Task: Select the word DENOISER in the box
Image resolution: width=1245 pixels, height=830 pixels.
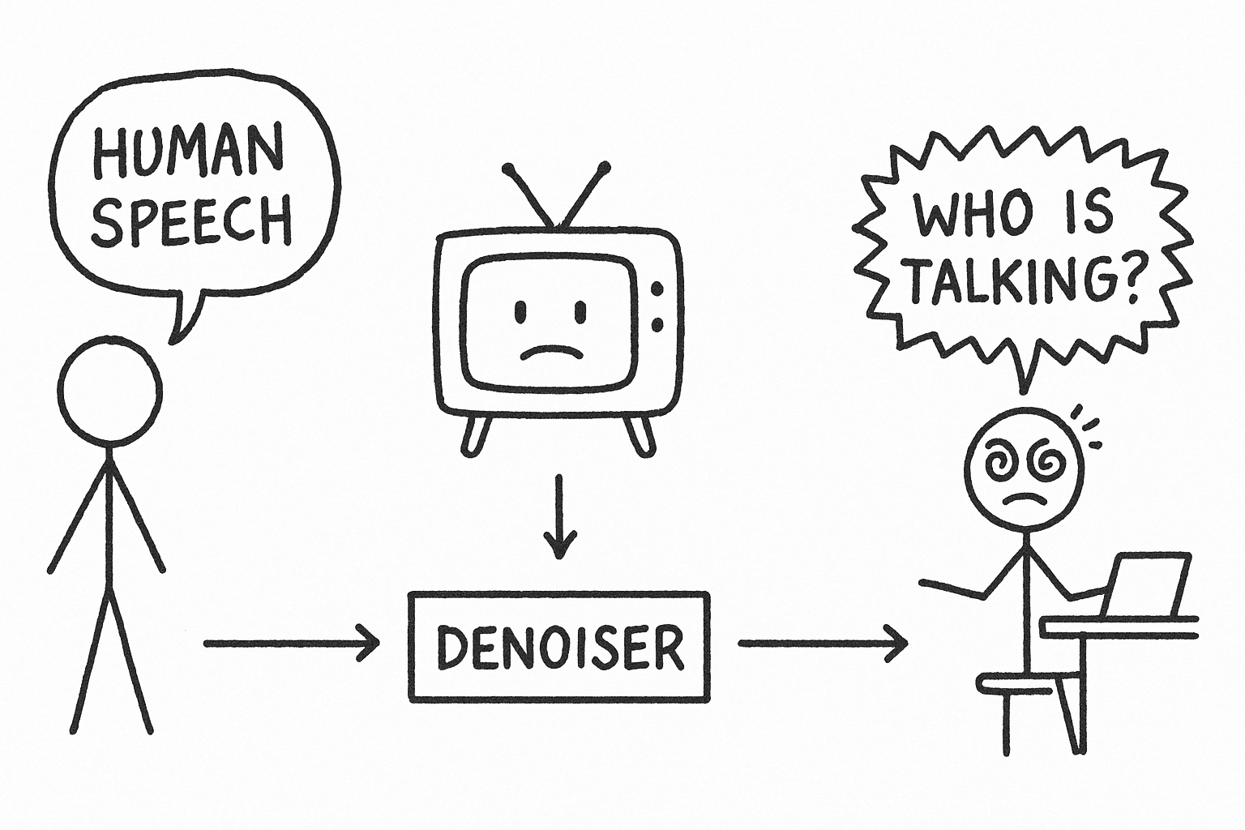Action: [x=558, y=646]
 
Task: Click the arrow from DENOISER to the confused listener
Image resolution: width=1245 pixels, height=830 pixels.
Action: [x=822, y=644]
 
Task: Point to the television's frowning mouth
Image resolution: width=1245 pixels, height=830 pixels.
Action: [x=552, y=352]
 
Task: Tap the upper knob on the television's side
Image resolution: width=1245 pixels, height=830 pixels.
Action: [x=657, y=289]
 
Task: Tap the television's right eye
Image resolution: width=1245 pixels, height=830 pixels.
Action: [x=580, y=310]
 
